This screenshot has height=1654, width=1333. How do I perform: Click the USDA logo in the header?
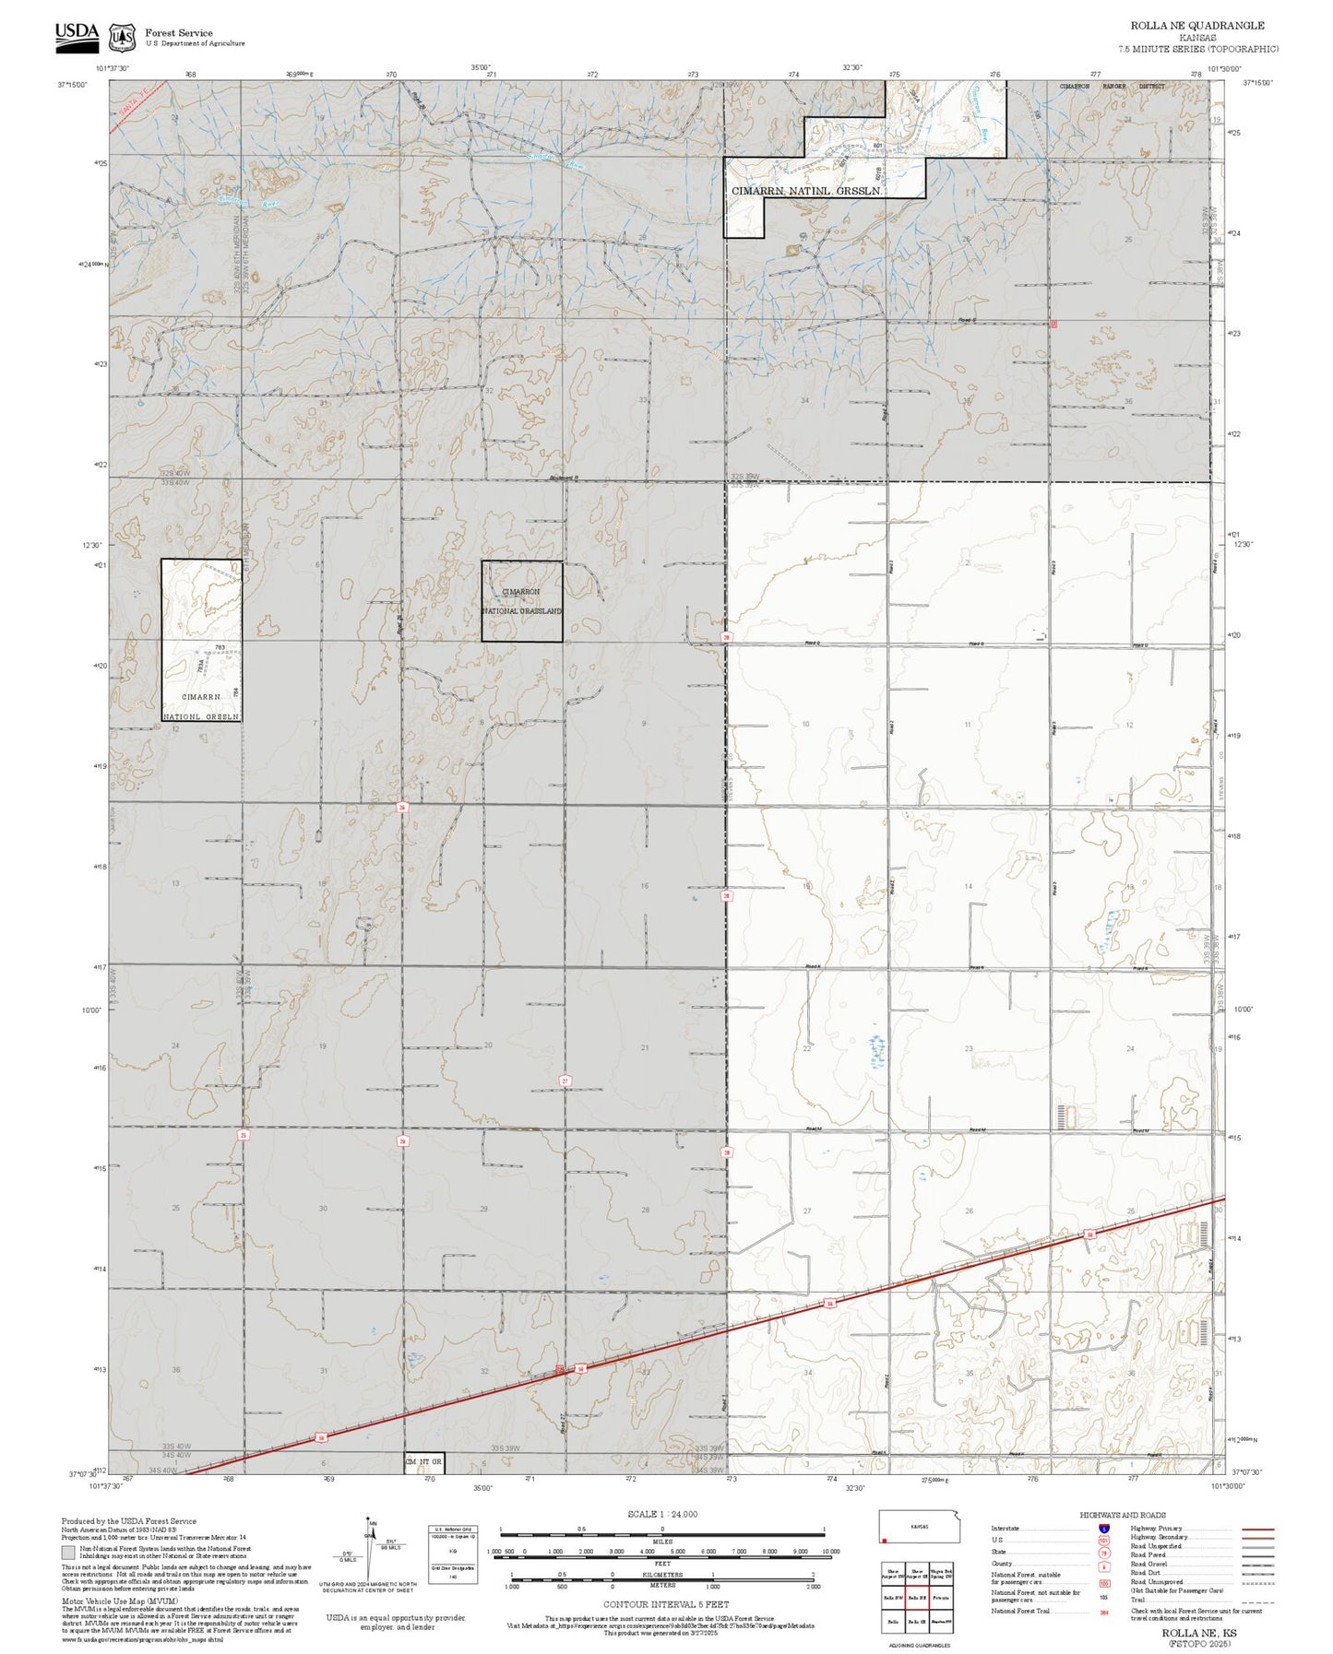pyautogui.click(x=77, y=33)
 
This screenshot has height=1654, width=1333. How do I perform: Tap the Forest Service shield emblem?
pyautogui.click(x=122, y=38)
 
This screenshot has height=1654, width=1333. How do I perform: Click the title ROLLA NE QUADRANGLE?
pyautogui.click(x=1197, y=26)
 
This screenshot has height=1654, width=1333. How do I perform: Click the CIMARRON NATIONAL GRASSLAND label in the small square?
pyautogui.click(x=521, y=601)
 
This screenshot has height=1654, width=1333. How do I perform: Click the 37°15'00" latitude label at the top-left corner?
pyautogui.click(x=72, y=85)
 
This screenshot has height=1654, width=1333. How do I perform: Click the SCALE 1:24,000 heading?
pyautogui.click(x=661, y=1514)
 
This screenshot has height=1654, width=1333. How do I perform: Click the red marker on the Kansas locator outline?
pyautogui.click(x=885, y=1540)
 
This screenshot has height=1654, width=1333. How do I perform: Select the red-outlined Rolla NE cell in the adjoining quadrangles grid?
pyautogui.click(x=917, y=1597)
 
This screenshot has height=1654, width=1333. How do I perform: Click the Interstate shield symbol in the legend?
pyautogui.click(x=1103, y=1529)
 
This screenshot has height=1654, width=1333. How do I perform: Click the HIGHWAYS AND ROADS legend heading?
pyautogui.click(x=1122, y=1515)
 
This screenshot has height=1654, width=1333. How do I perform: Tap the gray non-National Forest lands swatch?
pyautogui.click(x=67, y=1553)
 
